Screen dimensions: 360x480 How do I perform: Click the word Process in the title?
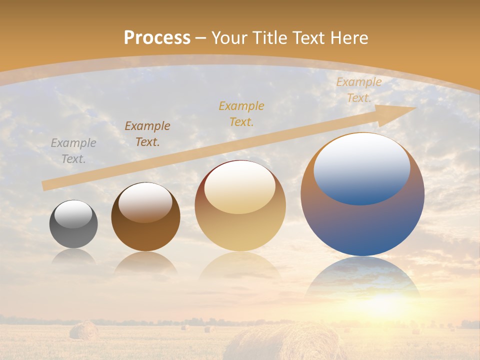pyautogui.click(x=157, y=38)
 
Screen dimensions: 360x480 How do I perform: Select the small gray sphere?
pyautogui.click(x=73, y=224)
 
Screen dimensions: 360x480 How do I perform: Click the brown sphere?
pyautogui.click(x=145, y=217)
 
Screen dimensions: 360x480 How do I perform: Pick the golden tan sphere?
pyautogui.click(x=240, y=206)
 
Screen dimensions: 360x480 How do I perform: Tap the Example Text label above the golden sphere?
pyautogui.click(x=241, y=113)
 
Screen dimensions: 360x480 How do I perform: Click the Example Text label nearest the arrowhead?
pyautogui.click(x=358, y=90)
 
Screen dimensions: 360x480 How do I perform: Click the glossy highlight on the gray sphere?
pyautogui.click(x=73, y=214)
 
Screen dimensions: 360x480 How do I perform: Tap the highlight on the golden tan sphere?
pyautogui.click(x=240, y=187)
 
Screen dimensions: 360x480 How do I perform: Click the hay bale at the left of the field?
pyautogui.click(x=83, y=330)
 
